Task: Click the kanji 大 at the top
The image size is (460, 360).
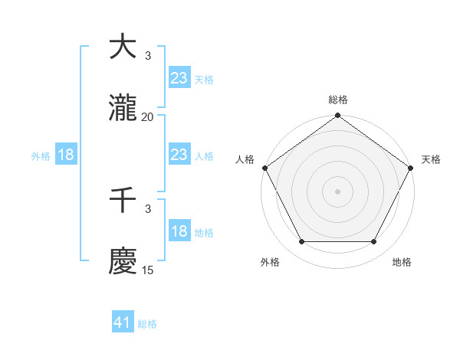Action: point(123,47)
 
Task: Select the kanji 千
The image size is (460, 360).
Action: point(123,201)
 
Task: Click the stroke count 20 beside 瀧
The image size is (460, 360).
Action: point(147,116)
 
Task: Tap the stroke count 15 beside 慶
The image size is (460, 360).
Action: point(147,270)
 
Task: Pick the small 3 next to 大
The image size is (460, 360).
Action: point(147,55)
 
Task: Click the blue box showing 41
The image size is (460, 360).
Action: point(123,323)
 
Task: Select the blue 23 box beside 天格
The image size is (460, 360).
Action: point(179,78)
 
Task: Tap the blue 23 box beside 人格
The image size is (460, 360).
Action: point(179,155)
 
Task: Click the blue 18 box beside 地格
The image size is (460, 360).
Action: point(179,232)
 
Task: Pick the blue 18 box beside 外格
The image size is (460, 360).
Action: point(66,155)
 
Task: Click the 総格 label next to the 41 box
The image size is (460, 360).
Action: point(147,324)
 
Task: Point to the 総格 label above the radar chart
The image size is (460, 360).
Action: point(337,100)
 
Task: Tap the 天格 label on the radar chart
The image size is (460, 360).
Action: point(431,159)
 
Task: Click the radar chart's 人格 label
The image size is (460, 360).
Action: point(245,159)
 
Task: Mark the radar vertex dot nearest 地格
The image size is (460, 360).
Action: point(374,242)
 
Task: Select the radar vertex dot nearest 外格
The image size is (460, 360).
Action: point(301,242)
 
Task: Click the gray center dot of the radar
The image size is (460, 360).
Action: point(337,191)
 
